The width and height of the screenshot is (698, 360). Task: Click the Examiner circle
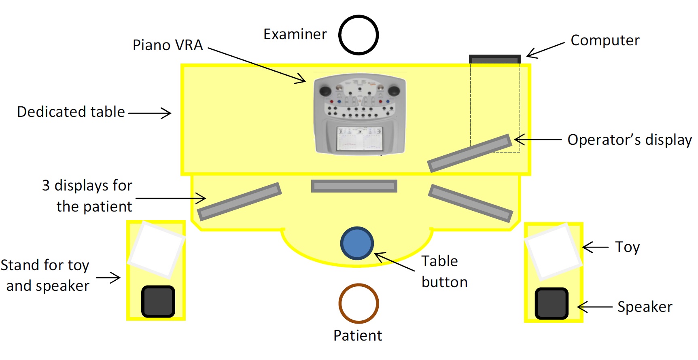(x=359, y=35)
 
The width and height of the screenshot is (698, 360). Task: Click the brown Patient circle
(x=359, y=303)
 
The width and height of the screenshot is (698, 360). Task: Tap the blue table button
(x=357, y=243)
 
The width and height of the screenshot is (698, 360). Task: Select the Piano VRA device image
(x=360, y=114)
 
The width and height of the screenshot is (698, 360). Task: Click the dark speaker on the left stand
(x=158, y=301)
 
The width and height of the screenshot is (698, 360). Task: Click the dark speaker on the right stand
(x=552, y=303)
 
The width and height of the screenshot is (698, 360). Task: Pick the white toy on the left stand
(x=156, y=250)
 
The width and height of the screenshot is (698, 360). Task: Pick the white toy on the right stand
(x=553, y=252)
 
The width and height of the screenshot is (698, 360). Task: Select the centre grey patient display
(x=354, y=186)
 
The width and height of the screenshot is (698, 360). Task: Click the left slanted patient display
(x=239, y=201)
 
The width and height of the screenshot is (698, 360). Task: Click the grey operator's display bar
(x=469, y=153)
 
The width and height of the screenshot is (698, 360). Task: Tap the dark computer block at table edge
(x=495, y=59)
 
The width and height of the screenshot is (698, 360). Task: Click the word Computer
(x=605, y=40)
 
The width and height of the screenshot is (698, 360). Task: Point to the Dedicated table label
(x=71, y=112)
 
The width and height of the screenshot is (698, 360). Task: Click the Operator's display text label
(x=629, y=140)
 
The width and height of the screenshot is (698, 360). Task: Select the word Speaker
(x=645, y=307)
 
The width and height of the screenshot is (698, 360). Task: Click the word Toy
(x=627, y=247)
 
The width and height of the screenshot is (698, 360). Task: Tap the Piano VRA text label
(x=168, y=45)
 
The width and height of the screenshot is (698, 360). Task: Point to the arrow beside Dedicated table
(x=150, y=113)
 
